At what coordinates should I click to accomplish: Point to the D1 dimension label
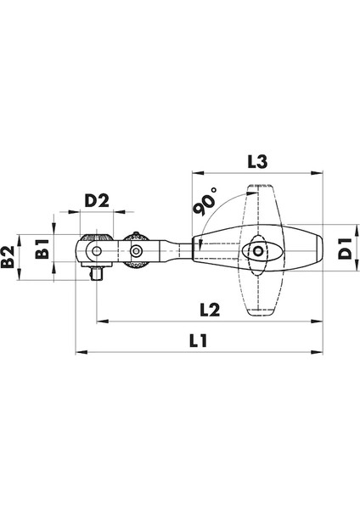click(x=345, y=250)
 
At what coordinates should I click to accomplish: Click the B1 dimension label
click(x=39, y=251)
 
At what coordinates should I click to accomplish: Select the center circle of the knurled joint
click(x=136, y=251)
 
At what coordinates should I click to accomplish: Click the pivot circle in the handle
click(x=257, y=251)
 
